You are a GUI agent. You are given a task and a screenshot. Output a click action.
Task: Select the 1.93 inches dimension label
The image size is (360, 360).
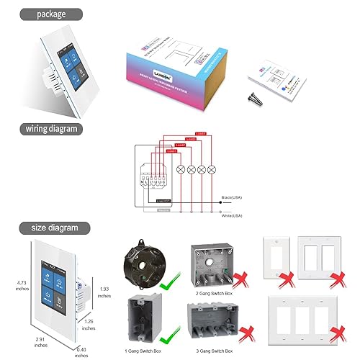[x=104, y=292]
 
